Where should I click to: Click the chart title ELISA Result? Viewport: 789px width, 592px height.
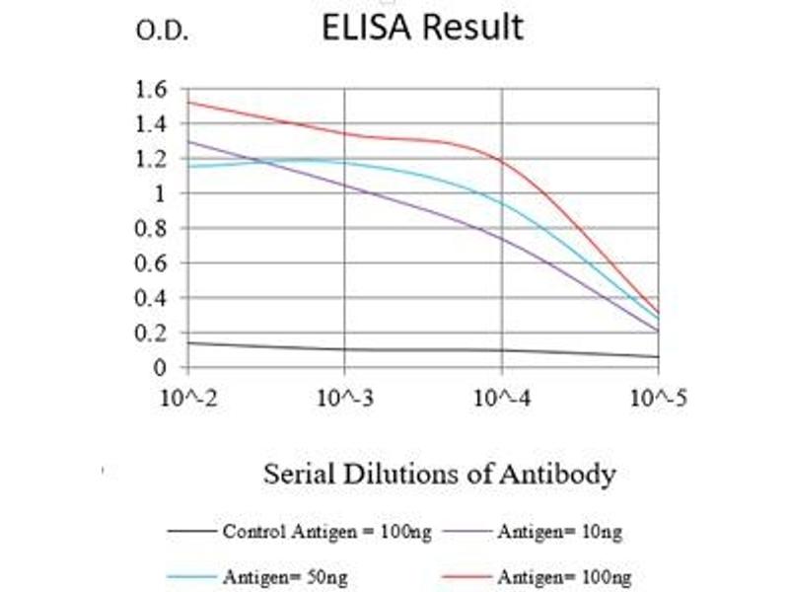tap(422, 28)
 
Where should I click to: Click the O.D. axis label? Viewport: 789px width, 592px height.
tap(162, 32)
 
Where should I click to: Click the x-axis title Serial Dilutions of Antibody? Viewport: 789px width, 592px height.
tap(439, 474)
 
